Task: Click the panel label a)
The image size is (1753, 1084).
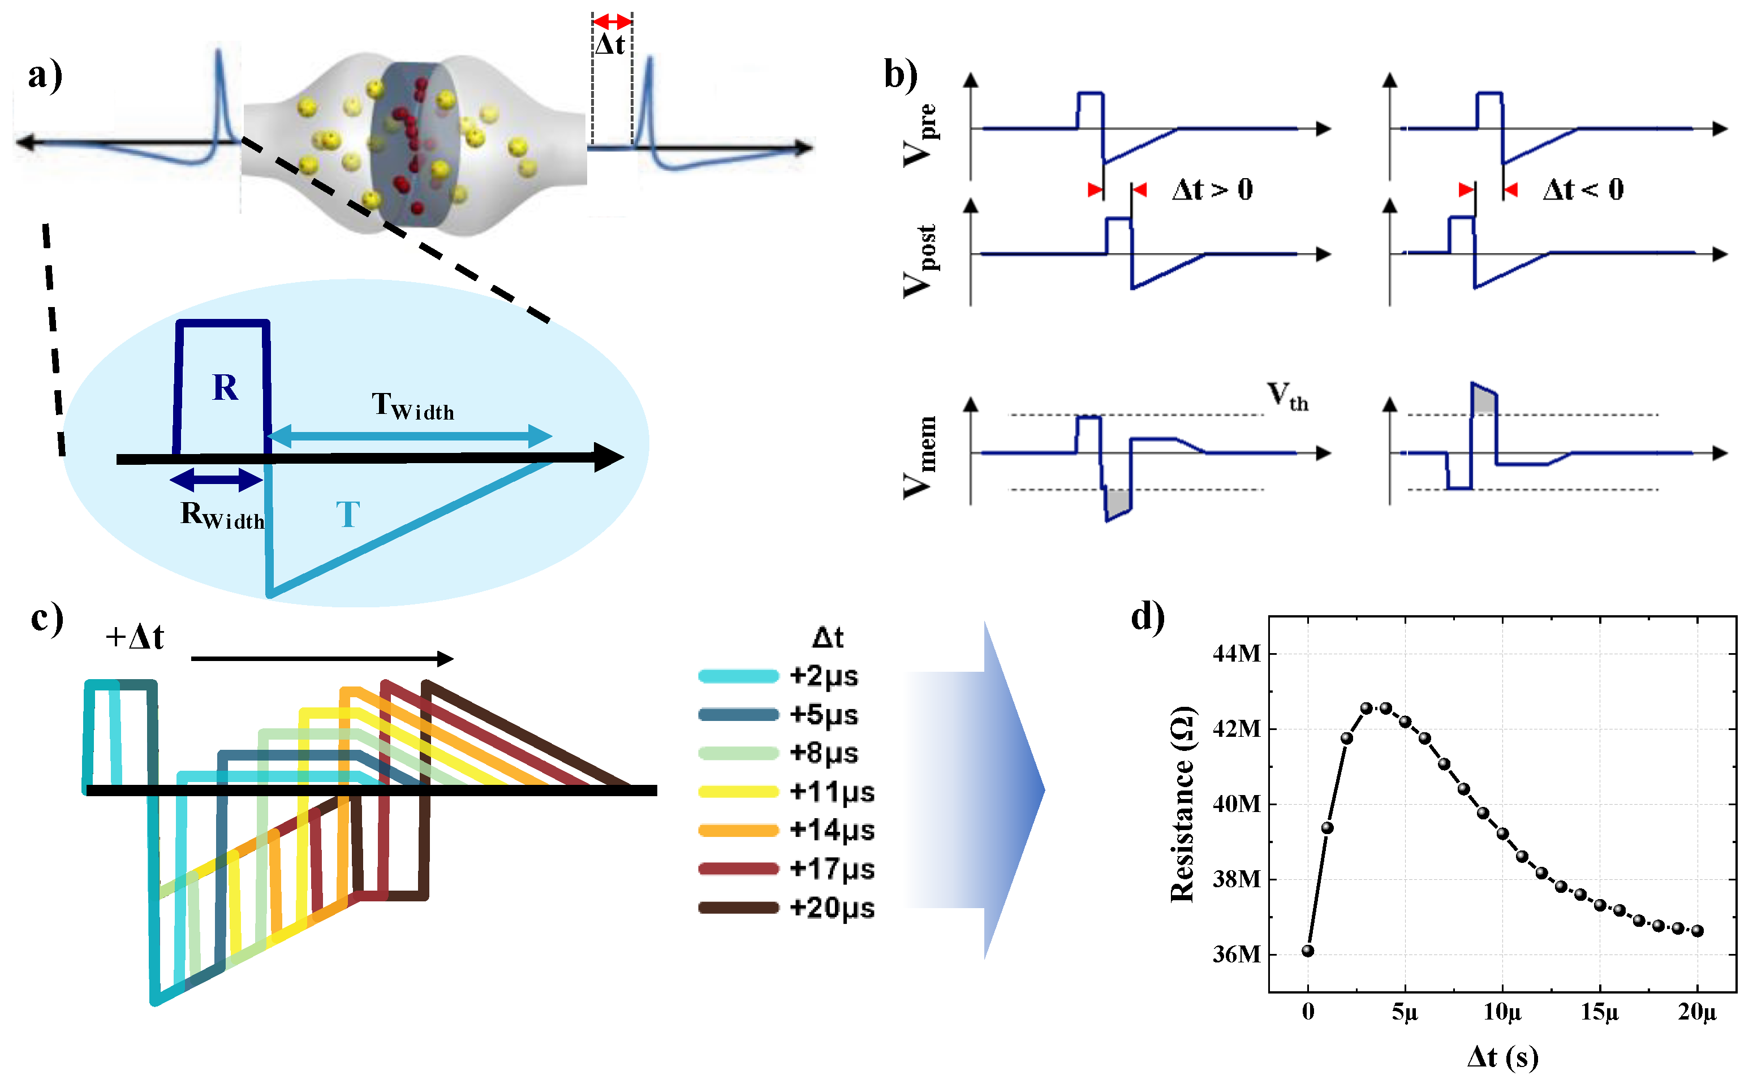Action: (x=45, y=75)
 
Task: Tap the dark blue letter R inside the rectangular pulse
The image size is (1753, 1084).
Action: (x=225, y=388)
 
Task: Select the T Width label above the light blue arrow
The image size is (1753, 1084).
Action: (x=413, y=406)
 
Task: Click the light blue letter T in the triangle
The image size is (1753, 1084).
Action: (x=348, y=515)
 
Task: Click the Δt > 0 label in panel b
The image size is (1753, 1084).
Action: (x=1212, y=190)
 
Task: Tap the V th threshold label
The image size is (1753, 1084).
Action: (x=1287, y=396)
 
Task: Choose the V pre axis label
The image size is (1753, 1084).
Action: (x=919, y=135)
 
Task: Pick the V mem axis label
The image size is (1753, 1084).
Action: (x=919, y=457)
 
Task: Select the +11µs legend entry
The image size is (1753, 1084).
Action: (x=832, y=792)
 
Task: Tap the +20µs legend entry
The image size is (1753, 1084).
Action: (x=832, y=908)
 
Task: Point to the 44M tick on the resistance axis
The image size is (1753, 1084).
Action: (x=1237, y=654)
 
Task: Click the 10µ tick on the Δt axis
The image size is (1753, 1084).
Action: (x=1502, y=1012)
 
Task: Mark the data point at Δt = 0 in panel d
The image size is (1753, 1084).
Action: (x=1308, y=951)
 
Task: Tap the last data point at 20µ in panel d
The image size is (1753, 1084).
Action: (x=1697, y=931)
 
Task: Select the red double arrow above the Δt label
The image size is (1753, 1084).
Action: (x=611, y=21)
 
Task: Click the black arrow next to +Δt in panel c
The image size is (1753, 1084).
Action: (x=322, y=659)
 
